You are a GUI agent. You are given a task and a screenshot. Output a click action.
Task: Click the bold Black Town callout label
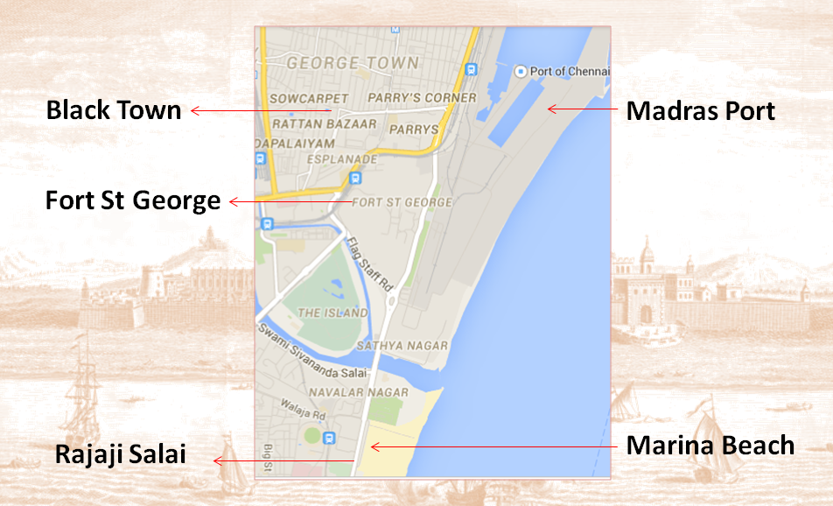(x=113, y=111)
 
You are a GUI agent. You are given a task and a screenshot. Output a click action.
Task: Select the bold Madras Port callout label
(x=701, y=111)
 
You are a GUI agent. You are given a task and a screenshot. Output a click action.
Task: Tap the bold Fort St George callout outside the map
(x=133, y=201)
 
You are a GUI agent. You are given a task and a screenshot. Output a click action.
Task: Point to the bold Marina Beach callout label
(x=710, y=445)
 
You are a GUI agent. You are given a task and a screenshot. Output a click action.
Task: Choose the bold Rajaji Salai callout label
(x=120, y=456)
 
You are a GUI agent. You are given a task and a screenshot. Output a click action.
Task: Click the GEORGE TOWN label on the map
(x=353, y=63)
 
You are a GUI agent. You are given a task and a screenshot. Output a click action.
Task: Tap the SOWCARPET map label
(x=309, y=98)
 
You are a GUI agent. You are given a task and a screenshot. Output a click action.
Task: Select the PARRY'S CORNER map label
(x=423, y=97)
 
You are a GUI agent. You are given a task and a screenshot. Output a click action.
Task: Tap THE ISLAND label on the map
(x=332, y=313)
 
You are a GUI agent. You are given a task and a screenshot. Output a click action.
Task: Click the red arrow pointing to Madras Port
(x=581, y=109)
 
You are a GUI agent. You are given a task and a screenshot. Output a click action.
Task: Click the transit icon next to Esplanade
(x=354, y=179)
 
